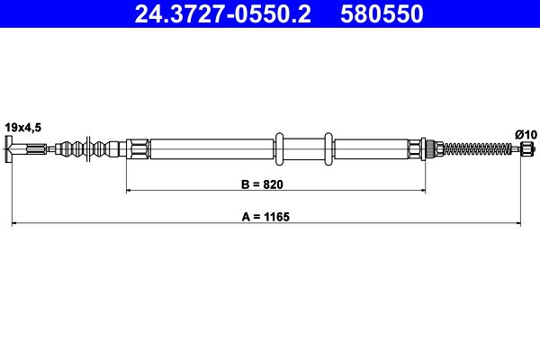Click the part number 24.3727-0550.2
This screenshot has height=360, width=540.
pos(216,15)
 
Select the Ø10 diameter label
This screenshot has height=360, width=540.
pos(526,134)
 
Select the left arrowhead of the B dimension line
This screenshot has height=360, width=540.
pos(130,191)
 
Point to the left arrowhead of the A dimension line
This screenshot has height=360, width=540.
pos(14,223)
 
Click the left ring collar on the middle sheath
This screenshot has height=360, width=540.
pos(279,149)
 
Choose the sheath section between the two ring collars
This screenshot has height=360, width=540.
pos(302,149)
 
